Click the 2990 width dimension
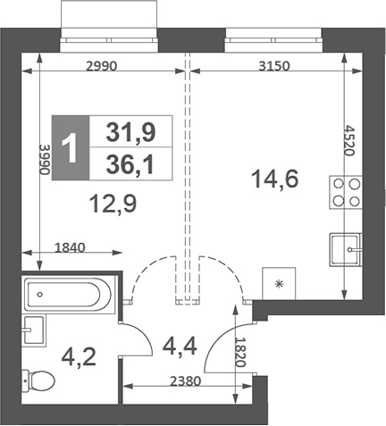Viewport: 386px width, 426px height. coord(103,64)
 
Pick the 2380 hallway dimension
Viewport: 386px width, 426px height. coord(185,379)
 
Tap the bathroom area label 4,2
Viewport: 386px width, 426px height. coord(76,358)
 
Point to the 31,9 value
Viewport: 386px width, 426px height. coord(130,133)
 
